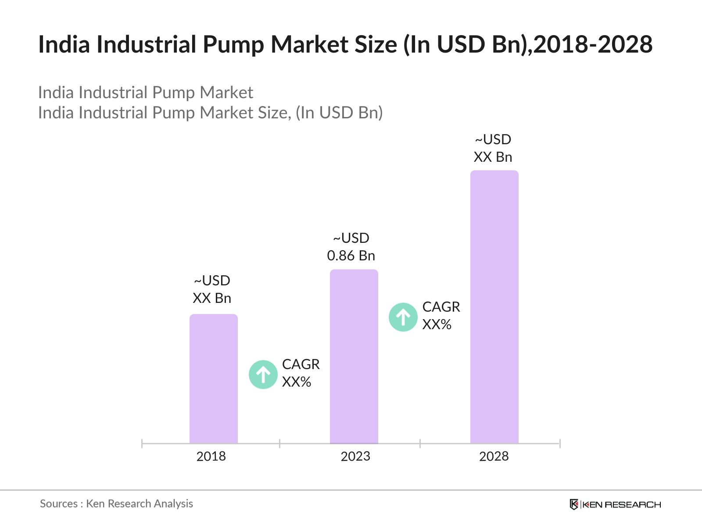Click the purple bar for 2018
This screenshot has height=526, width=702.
[x=213, y=379]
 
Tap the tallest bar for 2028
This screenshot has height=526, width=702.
[x=494, y=307]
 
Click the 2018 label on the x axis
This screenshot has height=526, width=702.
[x=211, y=456]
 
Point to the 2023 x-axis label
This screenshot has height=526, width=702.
[x=355, y=456]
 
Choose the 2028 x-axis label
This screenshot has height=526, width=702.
[x=494, y=456]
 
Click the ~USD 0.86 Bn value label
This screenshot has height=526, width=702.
[x=351, y=247]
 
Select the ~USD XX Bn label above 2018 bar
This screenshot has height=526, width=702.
[x=212, y=289]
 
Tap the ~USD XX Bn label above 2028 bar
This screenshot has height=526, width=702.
[x=493, y=148]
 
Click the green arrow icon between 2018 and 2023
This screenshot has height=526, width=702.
[x=263, y=375]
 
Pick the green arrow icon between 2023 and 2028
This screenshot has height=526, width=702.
[x=403, y=317]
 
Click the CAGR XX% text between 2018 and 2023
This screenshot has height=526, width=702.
[x=301, y=373]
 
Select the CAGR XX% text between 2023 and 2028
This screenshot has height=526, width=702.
[x=441, y=316]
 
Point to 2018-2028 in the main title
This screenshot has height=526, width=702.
[x=593, y=45]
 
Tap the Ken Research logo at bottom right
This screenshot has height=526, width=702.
[x=615, y=505]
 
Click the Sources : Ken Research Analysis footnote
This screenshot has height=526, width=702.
[x=116, y=504]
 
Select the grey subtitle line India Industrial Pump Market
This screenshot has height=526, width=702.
[x=146, y=92]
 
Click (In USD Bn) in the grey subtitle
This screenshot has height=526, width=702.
[x=339, y=113]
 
